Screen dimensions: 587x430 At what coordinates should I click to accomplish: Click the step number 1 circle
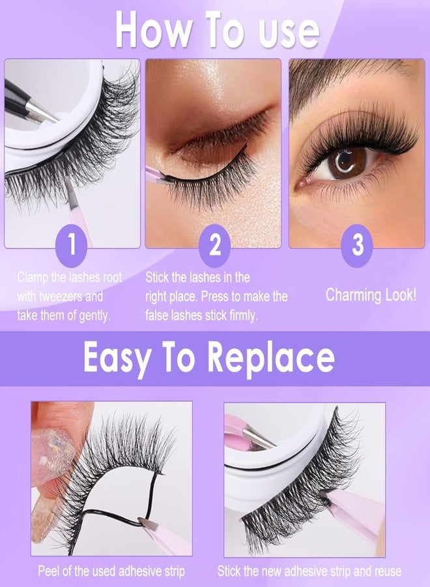coord(72,245)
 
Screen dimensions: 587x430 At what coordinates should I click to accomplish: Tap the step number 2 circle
coord(215,245)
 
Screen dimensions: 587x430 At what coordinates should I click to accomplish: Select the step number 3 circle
coord(358,245)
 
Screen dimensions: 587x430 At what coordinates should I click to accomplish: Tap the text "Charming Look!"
coord(371,294)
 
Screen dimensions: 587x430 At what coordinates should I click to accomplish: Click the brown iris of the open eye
coord(346,163)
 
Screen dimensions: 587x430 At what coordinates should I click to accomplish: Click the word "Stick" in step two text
coord(160,277)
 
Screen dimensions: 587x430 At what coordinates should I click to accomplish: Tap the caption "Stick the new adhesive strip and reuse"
coord(309,572)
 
